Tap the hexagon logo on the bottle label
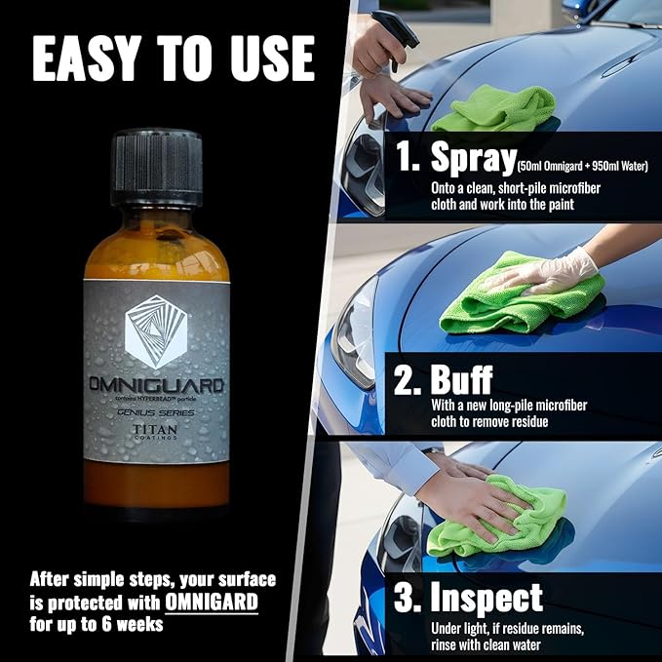click(155, 330)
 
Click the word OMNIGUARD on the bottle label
click(156, 386)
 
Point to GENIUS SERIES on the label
click(156, 410)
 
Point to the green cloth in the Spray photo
click(493, 107)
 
